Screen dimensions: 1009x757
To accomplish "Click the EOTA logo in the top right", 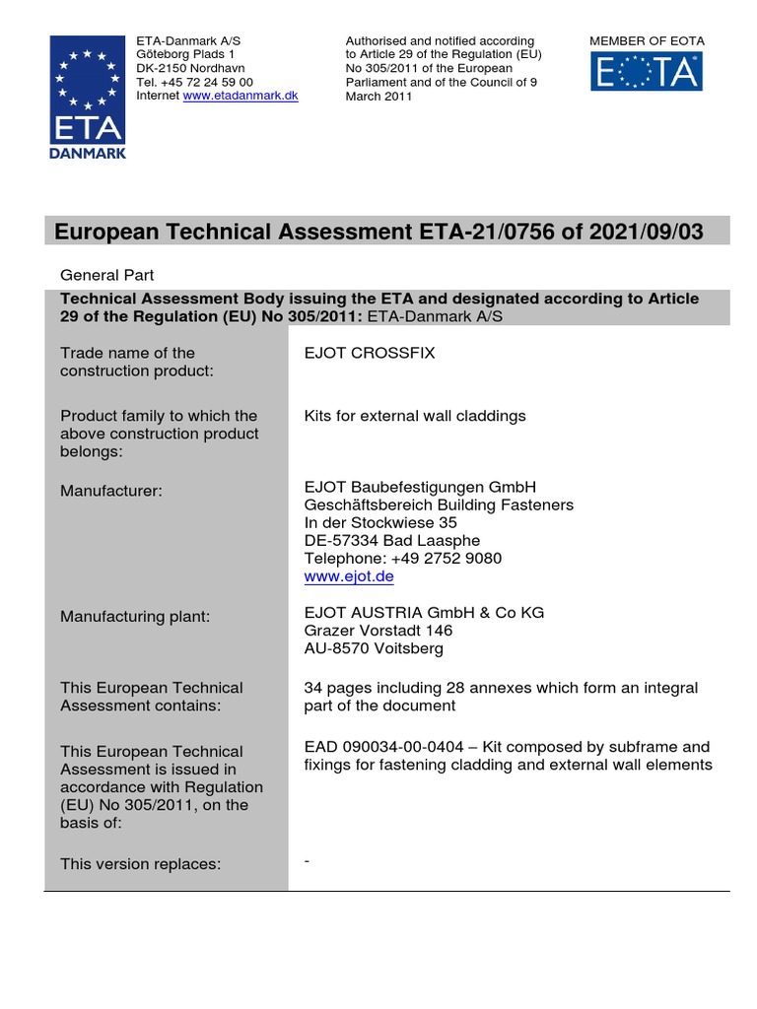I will pyautogui.click(x=647, y=72).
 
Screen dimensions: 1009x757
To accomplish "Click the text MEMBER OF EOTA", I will pyautogui.click(x=647, y=40).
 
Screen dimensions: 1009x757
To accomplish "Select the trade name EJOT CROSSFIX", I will pyautogui.click(x=370, y=353).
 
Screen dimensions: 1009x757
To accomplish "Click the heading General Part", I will pyautogui.click(x=107, y=276).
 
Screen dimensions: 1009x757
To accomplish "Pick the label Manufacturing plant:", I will pyautogui.click(x=135, y=617).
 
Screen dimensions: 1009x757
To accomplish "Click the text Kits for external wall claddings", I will pyautogui.click(x=415, y=416).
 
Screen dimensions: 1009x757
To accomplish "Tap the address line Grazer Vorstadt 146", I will pyautogui.click(x=378, y=631).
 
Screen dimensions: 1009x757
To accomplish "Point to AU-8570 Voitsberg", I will pyautogui.click(x=374, y=648).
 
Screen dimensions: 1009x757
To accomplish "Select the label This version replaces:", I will pyautogui.click(x=140, y=864).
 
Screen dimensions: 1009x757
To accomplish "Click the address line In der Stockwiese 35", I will pyautogui.click(x=380, y=523).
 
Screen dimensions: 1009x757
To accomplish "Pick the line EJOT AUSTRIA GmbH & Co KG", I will pyautogui.click(x=424, y=613).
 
